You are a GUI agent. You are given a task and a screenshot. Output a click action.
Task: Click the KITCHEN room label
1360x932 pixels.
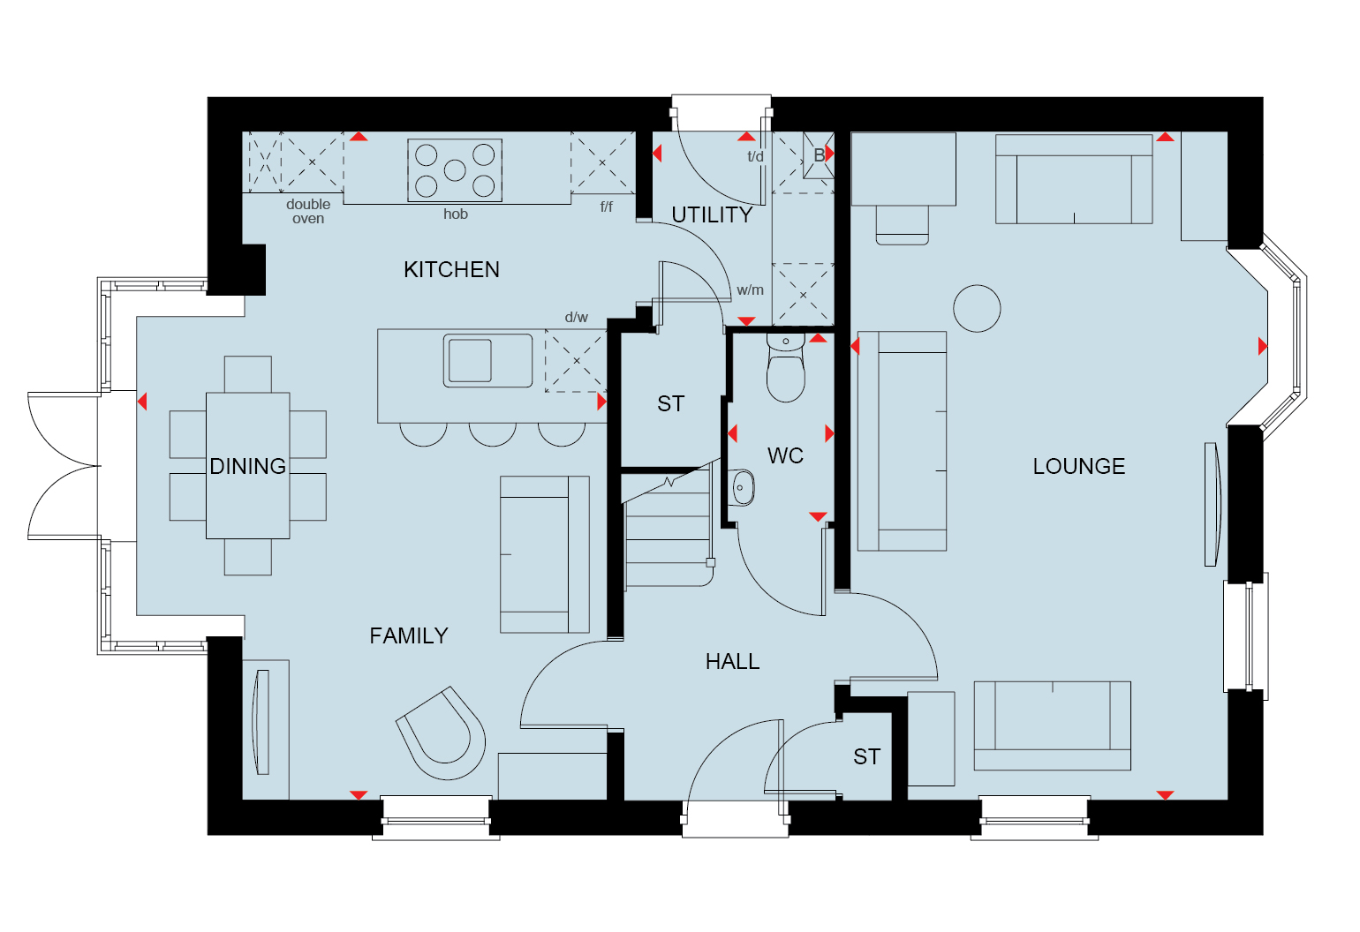(452, 269)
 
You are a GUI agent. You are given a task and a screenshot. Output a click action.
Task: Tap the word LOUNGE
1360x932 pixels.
(1079, 466)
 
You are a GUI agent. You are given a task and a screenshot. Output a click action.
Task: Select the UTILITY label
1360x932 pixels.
(712, 214)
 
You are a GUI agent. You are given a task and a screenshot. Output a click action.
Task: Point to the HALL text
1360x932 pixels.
(732, 661)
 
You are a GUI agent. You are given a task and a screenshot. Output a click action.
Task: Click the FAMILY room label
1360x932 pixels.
(409, 635)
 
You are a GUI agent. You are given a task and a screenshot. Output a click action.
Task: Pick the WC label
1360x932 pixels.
(785, 455)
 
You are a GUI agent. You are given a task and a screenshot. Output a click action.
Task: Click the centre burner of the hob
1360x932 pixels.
(455, 169)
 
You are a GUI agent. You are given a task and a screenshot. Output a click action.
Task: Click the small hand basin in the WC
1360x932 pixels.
(740, 487)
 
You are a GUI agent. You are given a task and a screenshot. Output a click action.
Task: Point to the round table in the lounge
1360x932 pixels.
(977, 308)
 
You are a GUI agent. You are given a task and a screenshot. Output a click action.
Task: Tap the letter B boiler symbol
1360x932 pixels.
(819, 155)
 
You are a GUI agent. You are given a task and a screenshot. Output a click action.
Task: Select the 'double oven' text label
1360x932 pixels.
(308, 211)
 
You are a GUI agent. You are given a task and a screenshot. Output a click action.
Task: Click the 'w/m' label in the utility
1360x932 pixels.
(750, 290)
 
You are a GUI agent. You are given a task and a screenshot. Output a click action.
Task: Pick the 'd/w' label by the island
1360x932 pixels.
(576, 317)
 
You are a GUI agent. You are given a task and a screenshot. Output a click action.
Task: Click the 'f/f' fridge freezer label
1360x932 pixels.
(607, 207)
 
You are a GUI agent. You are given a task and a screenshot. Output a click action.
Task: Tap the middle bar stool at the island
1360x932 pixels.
(493, 434)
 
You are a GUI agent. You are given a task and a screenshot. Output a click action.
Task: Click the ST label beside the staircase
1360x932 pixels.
(671, 404)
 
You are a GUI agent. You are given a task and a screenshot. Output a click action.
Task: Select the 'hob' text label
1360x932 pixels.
(456, 214)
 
